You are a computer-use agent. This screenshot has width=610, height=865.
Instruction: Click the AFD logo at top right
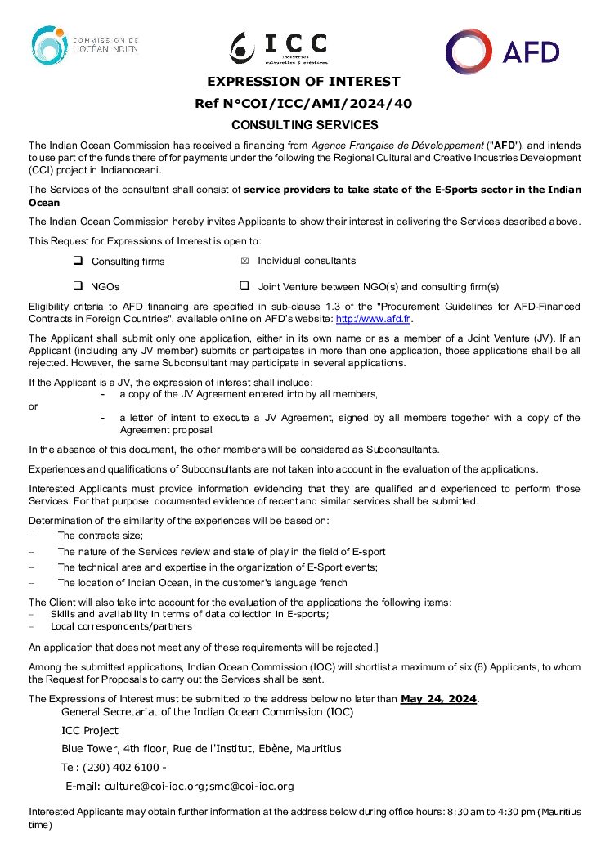pyautogui.click(x=502, y=52)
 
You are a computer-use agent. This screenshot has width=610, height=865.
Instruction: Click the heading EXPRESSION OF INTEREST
pyautogui.click(x=303, y=82)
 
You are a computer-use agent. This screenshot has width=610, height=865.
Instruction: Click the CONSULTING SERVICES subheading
pyautogui.click(x=304, y=125)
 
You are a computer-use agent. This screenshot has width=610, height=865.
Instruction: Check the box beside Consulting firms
pyautogui.click(x=78, y=261)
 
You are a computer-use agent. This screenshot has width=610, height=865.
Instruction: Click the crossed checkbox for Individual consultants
pyautogui.click(x=244, y=261)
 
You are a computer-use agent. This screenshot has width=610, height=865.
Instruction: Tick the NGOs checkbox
pyautogui.click(x=78, y=286)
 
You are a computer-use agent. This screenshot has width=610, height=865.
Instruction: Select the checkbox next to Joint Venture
pyautogui.click(x=244, y=286)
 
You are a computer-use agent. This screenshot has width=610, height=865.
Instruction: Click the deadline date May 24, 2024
pyautogui.click(x=438, y=699)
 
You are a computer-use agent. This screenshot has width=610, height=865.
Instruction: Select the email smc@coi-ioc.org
pyautogui.click(x=251, y=787)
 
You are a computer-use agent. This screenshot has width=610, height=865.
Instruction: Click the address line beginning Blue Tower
pyautogui.click(x=201, y=749)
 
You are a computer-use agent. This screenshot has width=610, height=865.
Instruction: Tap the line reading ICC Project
pyautogui.click(x=90, y=731)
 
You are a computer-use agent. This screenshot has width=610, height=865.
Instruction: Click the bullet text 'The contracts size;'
pyautogui.click(x=100, y=536)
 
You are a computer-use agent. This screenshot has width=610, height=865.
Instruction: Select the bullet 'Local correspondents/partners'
pyautogui.click(x=121, y=626)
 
